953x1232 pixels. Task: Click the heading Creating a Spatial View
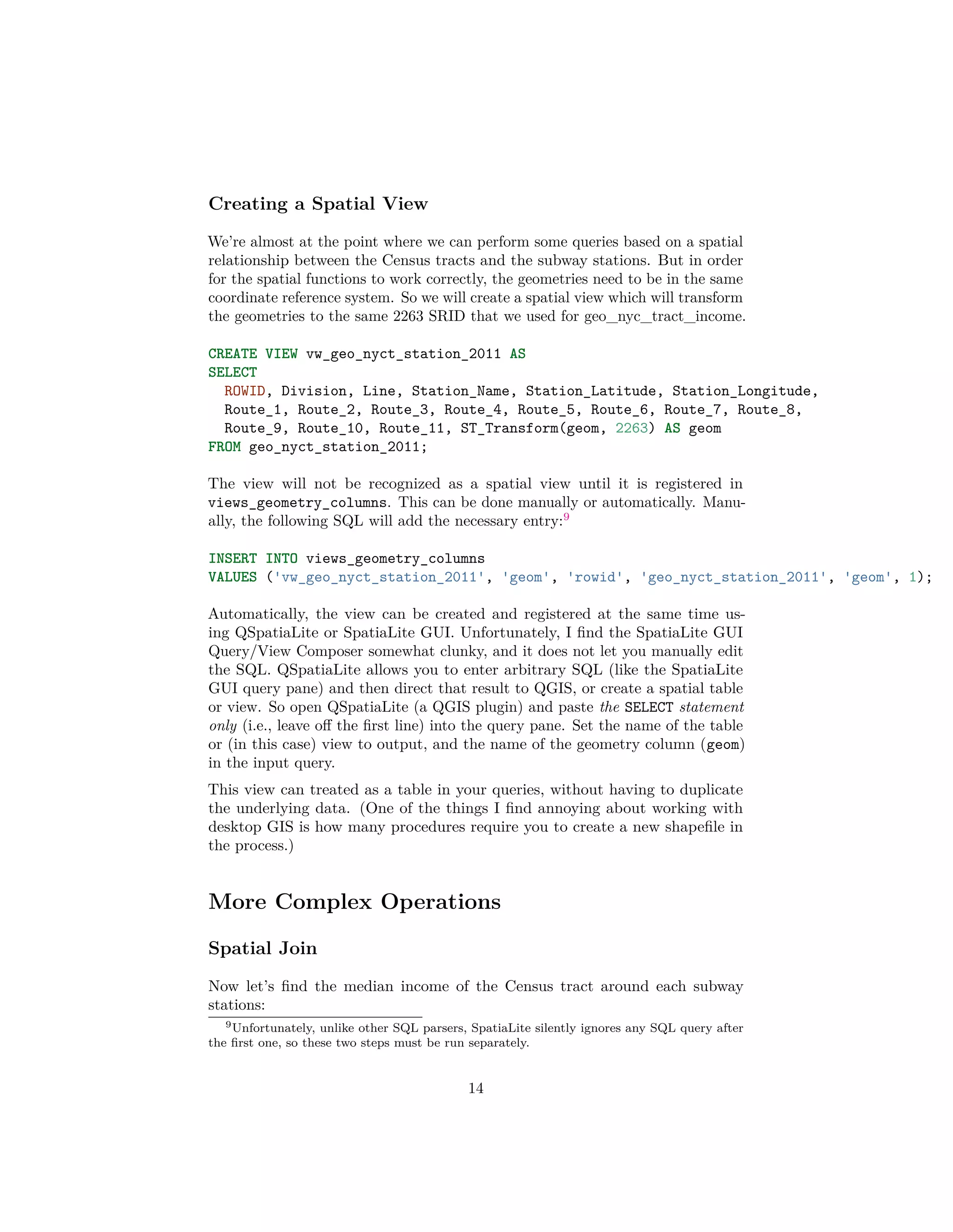click(x=318, y=204)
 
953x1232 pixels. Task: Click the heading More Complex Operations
click(x=354, y=901)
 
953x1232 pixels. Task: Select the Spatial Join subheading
click(x=262, y=948)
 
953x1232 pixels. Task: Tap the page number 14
click(x=476, y=1088)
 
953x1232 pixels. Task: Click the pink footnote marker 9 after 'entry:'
click(x=566, y=516)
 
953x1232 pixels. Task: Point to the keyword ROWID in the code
click(x=244, y=391)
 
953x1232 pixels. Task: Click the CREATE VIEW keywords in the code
click(x=253, y=354)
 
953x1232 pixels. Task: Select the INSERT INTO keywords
click(x=253, y=558)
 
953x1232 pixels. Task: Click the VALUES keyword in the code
click(x=233, y=577)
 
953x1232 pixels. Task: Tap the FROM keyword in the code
click(x=224, y=447)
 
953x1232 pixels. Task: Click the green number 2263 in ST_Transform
click(x=631, y=428)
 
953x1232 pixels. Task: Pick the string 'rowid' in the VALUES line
click(x=595, y=577)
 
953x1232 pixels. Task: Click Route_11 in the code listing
click(x=411, y=428)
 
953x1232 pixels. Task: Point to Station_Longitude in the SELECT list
click(x=741, y=391)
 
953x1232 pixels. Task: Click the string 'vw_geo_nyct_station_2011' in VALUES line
click(x=379, y=577)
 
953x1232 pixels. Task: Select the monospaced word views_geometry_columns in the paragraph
click(x=297, y=503)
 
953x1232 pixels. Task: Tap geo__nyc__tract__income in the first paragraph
click(x=664, y=317)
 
